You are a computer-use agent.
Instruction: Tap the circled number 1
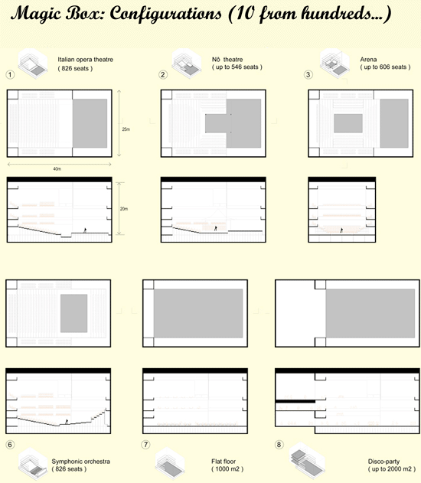10,74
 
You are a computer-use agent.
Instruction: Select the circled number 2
163,74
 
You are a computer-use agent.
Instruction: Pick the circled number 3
308,74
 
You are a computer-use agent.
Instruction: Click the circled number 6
10,445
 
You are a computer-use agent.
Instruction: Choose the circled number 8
277,445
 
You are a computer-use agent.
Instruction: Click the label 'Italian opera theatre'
86,58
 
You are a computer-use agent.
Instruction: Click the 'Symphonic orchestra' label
81,462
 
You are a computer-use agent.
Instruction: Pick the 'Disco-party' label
385,462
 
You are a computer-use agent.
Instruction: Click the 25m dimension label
126,129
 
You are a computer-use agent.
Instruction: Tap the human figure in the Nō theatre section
215,227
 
